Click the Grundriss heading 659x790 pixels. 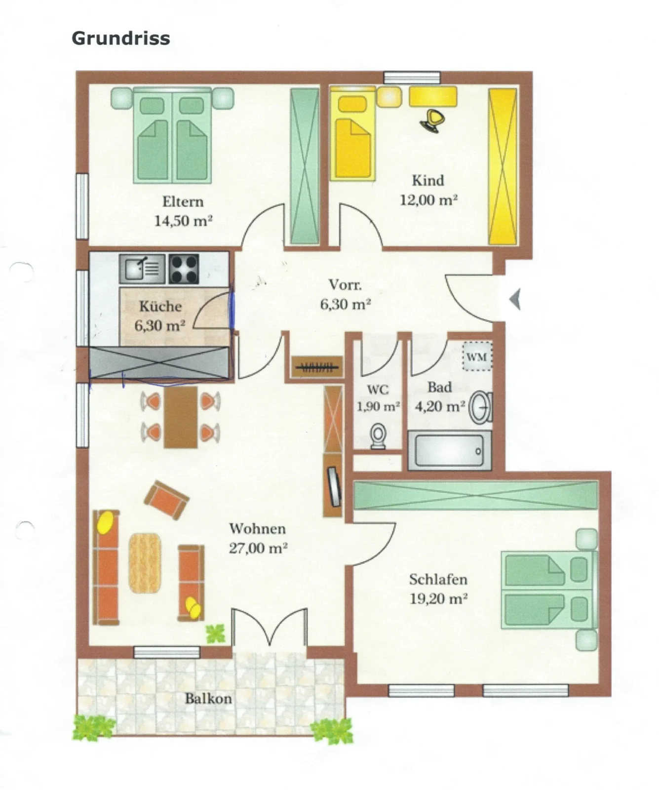pos(120,38)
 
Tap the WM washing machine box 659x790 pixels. pos(476,356)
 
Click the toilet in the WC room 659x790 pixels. pos(378,436)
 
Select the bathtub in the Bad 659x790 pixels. pos(449,450)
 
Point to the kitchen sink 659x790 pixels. pos(142,269)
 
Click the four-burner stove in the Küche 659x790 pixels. pos(184,269)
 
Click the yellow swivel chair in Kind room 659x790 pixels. pos(433,120)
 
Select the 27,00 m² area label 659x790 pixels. pos(258,548)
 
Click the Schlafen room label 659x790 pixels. pos(438,579)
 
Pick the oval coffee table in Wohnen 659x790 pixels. pos(145,563)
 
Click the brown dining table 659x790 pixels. pos(181,417)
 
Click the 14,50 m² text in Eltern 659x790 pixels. pos(183,221)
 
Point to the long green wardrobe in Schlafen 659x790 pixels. pos(476,495)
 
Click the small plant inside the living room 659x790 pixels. pos(215,633)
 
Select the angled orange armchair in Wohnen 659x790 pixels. pos(166,500)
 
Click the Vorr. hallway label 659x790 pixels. pos(345,285)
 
